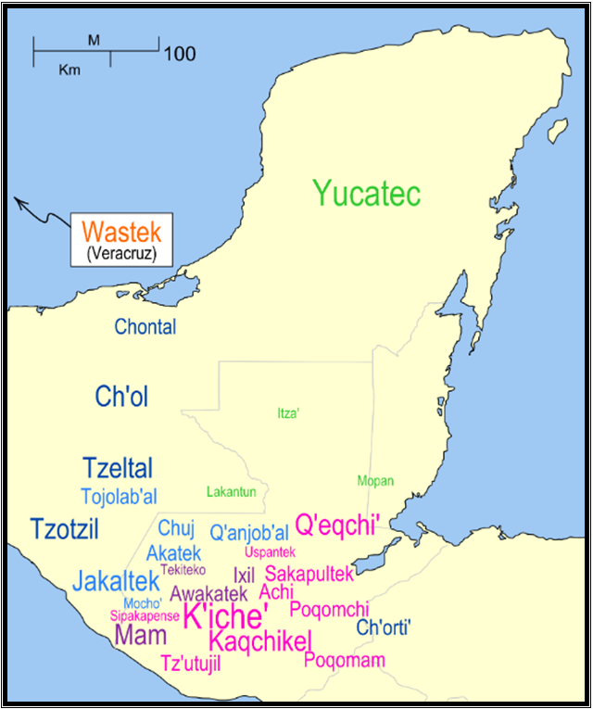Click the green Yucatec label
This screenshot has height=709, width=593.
(x=367, y=194)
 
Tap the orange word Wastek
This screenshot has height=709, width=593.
(x=114, y=232)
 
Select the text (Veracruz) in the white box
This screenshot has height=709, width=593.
(x=115, y=251)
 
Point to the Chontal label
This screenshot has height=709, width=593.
(x=145, y=326)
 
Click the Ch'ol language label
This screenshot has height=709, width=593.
(x=121, y=397)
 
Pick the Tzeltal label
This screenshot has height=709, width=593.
(x=118, y=468)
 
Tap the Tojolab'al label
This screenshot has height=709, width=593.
(x=119, y=496)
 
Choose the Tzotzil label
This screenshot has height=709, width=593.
(x=64, y=529)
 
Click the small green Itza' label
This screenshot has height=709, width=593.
(x=288, y=414)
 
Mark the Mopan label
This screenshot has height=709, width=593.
(x=375, y=481)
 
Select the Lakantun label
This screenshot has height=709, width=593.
(x=232, y=491)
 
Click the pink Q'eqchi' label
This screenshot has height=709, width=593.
(x=338, y=525)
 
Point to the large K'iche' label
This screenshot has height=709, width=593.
(x=226, y=615)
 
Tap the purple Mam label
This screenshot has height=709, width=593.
(x=141, y=635)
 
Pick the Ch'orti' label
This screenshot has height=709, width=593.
(x=384, y=627)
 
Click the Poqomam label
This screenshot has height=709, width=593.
(x=345, y=660)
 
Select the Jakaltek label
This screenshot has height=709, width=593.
(x=116, y=582)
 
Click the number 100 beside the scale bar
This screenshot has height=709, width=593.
(x=180, y=54)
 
